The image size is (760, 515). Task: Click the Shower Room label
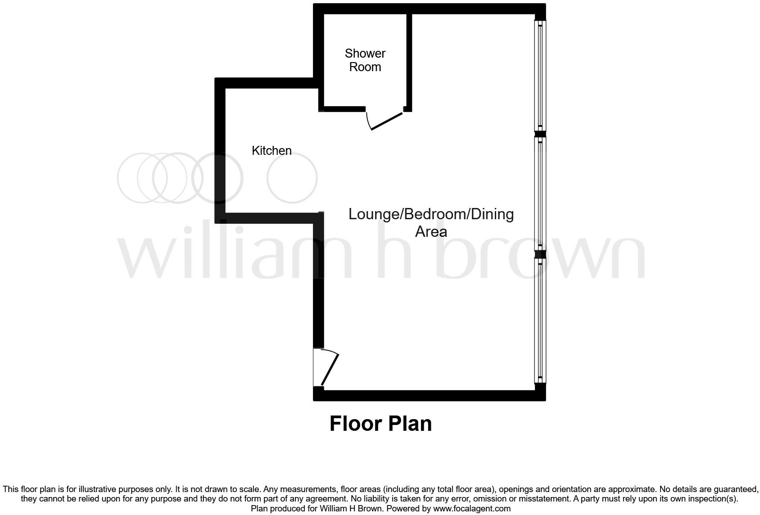pyautogui.click(x=365, y=60)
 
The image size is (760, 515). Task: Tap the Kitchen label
pyautogui.click(x=271, y=150)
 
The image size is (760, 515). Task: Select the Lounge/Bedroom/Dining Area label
pyautogui.click(x=431, y=222)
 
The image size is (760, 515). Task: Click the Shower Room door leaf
pyautogui.click(x=386, y=122)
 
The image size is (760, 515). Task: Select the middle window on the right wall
pyautogui.click(x=540, y=194)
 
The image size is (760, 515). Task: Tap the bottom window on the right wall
pyautogui.click(x=540, y=320)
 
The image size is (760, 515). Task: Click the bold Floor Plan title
pyautogui.click(x=380, y=424)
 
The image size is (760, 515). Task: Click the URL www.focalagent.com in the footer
pyautogui.click(x=472, y=509)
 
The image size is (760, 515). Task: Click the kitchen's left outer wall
pyautogui.click(x=220, y=150)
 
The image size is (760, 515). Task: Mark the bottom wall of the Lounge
pyautogui.click(x=429, y=396)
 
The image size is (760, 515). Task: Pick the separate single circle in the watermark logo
pyautogui.click(x=292, y=178)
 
